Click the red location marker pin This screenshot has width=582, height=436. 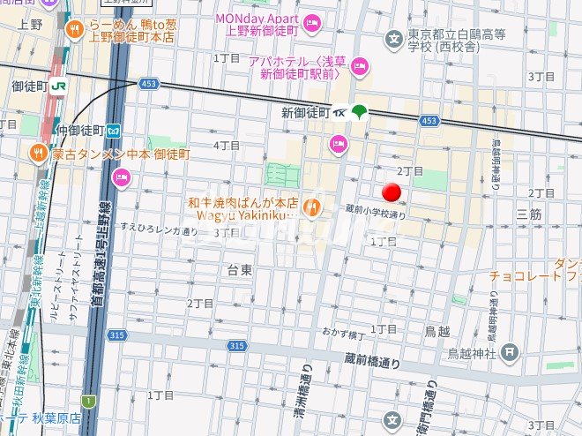392,193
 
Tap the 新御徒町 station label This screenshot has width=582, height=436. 304,112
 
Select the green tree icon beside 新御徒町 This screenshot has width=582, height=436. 360,111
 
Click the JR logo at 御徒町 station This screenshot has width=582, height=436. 59,86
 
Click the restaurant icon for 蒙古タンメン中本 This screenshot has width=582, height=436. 38,154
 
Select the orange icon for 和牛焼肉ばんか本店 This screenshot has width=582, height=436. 310,208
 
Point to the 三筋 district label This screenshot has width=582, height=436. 529,214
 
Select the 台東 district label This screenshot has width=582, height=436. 240,269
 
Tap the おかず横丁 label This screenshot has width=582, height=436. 343,335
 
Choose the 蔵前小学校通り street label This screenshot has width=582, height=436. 375,213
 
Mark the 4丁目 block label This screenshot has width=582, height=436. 228,145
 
